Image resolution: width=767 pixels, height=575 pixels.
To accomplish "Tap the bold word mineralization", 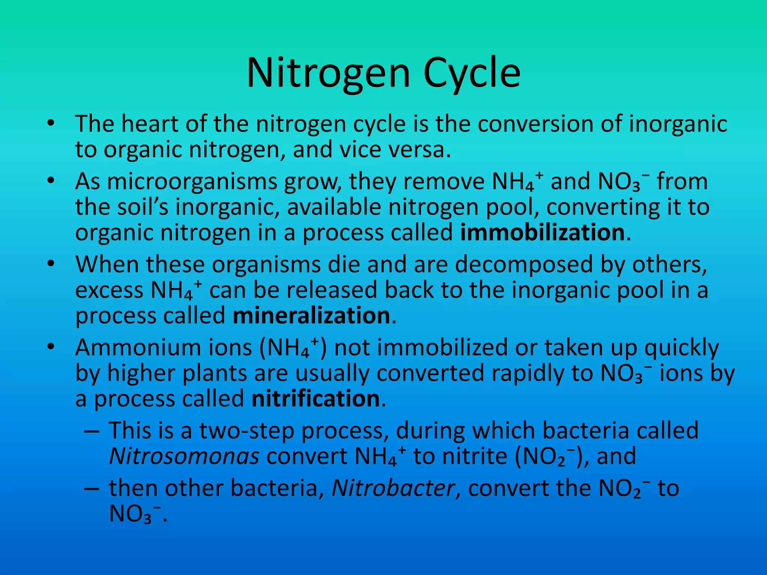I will (312, 316).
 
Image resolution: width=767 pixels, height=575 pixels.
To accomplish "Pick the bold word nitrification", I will (316, 399).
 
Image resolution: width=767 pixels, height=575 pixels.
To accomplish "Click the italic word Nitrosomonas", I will (184, 456).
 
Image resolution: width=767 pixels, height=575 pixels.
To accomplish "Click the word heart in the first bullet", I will (150, 124).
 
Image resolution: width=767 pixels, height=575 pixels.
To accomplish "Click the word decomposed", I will (524, 265).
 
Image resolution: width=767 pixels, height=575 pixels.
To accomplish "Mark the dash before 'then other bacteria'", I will (92, 489).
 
